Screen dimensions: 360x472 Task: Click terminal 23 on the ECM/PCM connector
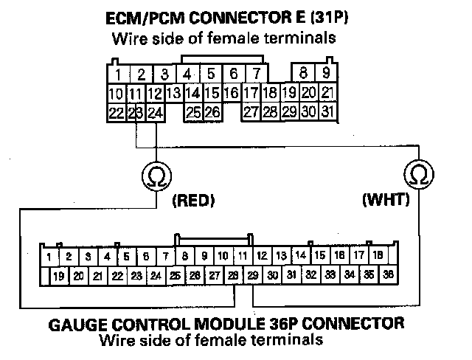[x=135, y=113]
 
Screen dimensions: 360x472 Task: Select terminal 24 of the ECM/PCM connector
[x=154, y=113]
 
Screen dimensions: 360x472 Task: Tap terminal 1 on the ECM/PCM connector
[x=118, y=74]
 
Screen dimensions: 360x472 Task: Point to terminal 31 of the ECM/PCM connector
[x=328, y=112]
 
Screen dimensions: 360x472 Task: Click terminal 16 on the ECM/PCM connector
[x=231, y=94]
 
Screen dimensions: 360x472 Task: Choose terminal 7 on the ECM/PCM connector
[x=255, y=74]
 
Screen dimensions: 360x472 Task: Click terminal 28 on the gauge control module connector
[x=233, y=275]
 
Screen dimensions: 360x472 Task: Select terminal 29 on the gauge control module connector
[x=252, y=275]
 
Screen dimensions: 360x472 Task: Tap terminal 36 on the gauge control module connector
[x=387, y=275]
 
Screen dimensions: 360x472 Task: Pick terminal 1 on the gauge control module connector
[x=49, y=257]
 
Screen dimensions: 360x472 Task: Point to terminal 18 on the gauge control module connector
[x=377, y=255]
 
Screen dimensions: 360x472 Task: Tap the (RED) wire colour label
[x=191, y=200]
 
